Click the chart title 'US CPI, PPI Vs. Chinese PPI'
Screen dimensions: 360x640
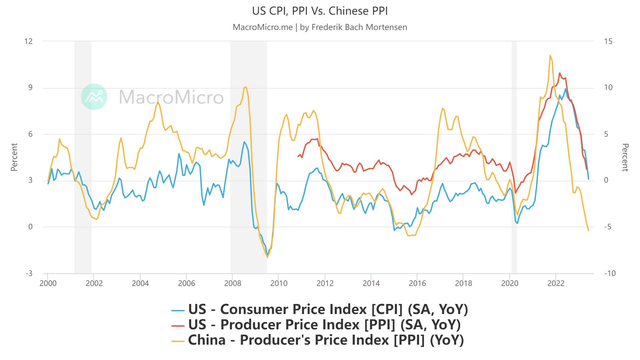(x=320, y=11)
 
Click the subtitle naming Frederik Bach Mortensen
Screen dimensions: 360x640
(x=320, y=27)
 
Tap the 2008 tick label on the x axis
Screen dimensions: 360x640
(x=233, y=283)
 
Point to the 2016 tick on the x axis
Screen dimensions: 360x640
(x=417, y=283)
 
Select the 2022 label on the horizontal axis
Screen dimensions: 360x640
(x=556, y=283)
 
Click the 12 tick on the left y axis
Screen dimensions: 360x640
(x=29, y=41)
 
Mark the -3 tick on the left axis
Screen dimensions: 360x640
(x=29, y=273)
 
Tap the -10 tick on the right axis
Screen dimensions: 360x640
(x=610, y=273)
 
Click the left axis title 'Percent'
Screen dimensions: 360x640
(x=14, y=157)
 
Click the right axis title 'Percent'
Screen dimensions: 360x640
(x=625, y=157)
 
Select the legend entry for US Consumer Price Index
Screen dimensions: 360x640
(x=320, y=309)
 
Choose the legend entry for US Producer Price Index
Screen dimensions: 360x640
(x=316, y=325)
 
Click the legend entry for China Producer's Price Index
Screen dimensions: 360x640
(x=317, y=340)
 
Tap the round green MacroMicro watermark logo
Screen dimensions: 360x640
(x=94, y=97)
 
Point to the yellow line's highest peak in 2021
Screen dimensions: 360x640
(x=550, y=56)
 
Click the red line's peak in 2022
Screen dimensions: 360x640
(x=560, y=73)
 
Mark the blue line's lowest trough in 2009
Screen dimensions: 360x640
(x=267, y=257)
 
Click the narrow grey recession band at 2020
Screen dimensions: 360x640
(x=514, y=157)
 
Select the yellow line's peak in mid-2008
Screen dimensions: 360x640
(x=245, y=87)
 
